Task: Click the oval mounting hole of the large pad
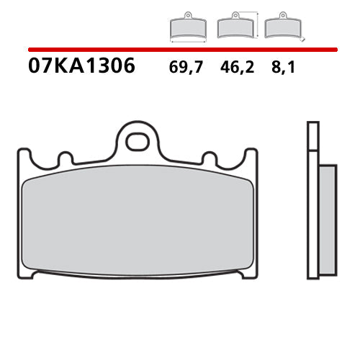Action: coord(137,141)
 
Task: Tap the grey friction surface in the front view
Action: coord(137,223)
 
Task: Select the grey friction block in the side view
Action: coord(327,223)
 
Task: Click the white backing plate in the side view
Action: coord(312,209)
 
